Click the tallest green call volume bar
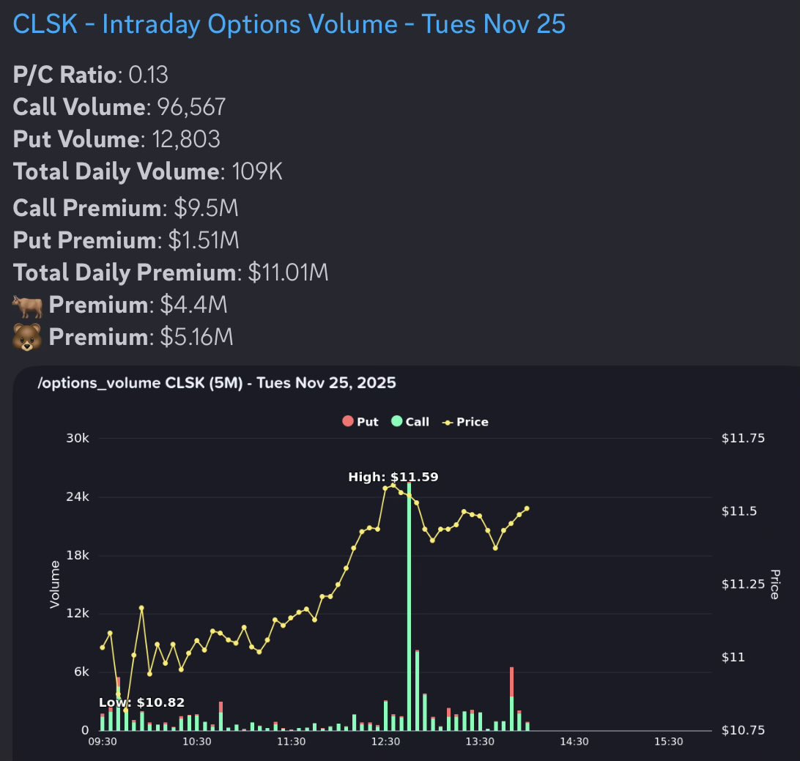point(409,608)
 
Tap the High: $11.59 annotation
point(393,478)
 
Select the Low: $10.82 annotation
point(141,702)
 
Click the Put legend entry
point(360,422)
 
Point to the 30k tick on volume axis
point(78,438)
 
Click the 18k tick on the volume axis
point(78,555)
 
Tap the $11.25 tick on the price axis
point(743,584)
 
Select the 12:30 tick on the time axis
point(385,741)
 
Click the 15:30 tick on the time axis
point(668,741)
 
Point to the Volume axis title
point(54,584)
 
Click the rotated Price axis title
point(774,584)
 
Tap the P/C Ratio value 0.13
point(149,75)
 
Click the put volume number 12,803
point(185,139)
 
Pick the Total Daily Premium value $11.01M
point(288,272)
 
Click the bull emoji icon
point(27,305)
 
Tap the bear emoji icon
point(27,337)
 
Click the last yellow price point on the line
point(527,508)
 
